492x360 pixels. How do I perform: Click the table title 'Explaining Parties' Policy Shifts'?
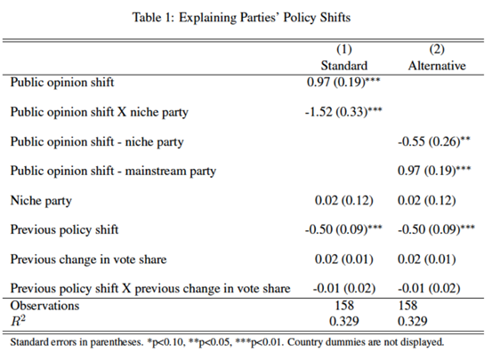pyautogui.click(x=264, y=18)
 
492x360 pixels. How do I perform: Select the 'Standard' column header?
pyautogui.click(x=344, y=66)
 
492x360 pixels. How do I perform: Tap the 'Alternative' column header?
pyautogui.click(x=437, y=66)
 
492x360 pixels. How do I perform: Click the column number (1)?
pyautogui.click(x=344, y=49)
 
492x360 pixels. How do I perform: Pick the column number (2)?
pyautogui.click(x=437, y=49)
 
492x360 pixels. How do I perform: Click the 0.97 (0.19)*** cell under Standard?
pyautogui.click(x=343, y=82)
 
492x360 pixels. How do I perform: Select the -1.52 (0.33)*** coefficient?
pyautogui.click(x=343, y=112)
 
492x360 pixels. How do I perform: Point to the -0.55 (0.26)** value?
pyautogui.click(x=434, y=141)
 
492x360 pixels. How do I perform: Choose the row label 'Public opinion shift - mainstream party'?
pyautogui.click(x=113, y=172)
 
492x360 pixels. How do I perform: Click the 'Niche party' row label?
pyautogui.click(x=41, y=201)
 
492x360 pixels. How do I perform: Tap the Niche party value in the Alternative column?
pyautogui.click(x=427, y=200)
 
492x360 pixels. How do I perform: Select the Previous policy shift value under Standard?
pyautogui.click(x=343, y=229)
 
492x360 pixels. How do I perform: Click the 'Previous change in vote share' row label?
pyautogui.click(x=88, y=260)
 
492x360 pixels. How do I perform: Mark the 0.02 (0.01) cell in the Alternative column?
pyautogui.click(x=427, y=260)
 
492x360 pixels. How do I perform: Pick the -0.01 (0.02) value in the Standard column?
pyautogui.click(x=344, y=289)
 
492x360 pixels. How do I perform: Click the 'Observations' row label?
pyautogui.click(x=44, y=306)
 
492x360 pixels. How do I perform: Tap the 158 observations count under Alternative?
pyautogui.click(x=407, y=306)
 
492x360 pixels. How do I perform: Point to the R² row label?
pyautogui.click(x=18, y=321)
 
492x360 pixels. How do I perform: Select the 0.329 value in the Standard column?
pyautogui.click(x=344, y=322)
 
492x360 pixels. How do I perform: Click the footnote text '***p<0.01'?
pyautogui.click(x=258, y=342)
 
